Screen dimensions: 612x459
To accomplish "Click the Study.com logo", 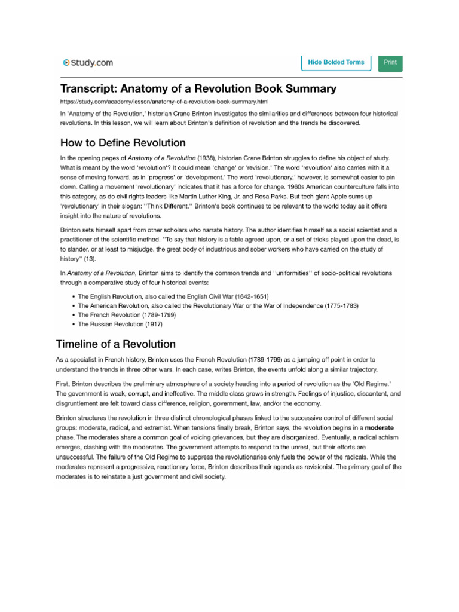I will click(x=88, y=62).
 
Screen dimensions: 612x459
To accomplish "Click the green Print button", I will click(x=390, y=62).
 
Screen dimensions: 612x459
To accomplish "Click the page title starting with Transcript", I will click(x=198, y=89).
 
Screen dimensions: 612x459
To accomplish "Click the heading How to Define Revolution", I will click(x=123, y=143).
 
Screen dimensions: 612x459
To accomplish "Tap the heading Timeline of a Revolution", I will click(x=116, y=344).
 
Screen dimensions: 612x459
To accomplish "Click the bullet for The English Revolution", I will click(x=173, y=296).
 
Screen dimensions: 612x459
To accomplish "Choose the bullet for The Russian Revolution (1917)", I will click(x=120, y=325).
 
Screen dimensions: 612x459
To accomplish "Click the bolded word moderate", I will click(x=379, y=429).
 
